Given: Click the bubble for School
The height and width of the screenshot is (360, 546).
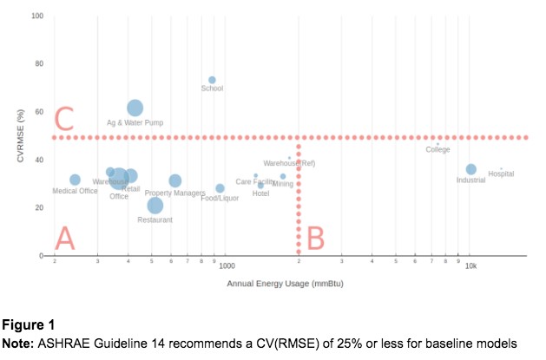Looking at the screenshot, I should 212,80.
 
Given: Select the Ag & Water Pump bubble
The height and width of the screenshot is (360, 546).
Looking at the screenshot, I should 135,108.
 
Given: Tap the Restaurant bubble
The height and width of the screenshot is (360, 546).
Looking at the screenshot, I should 155,206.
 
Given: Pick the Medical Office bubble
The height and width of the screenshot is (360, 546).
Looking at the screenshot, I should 75,180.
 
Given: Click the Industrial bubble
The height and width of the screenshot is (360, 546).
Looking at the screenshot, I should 470,170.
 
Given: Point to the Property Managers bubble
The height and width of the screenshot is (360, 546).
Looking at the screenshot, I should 175,181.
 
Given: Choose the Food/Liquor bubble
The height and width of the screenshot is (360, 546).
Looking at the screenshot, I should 220,188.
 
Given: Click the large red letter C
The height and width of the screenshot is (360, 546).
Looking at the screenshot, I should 63,118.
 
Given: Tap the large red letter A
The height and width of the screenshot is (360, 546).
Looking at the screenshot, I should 64,237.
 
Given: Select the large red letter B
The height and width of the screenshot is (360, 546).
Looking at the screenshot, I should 315,237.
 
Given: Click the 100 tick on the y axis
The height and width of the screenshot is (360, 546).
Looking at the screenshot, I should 37,16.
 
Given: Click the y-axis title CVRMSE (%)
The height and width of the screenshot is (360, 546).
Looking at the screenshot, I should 18,136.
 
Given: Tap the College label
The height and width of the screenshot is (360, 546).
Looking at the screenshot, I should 437,150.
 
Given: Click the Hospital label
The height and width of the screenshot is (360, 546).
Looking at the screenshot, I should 501,173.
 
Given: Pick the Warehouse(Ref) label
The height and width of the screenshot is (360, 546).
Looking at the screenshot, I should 289,163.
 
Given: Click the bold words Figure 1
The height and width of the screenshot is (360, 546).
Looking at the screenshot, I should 28,325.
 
